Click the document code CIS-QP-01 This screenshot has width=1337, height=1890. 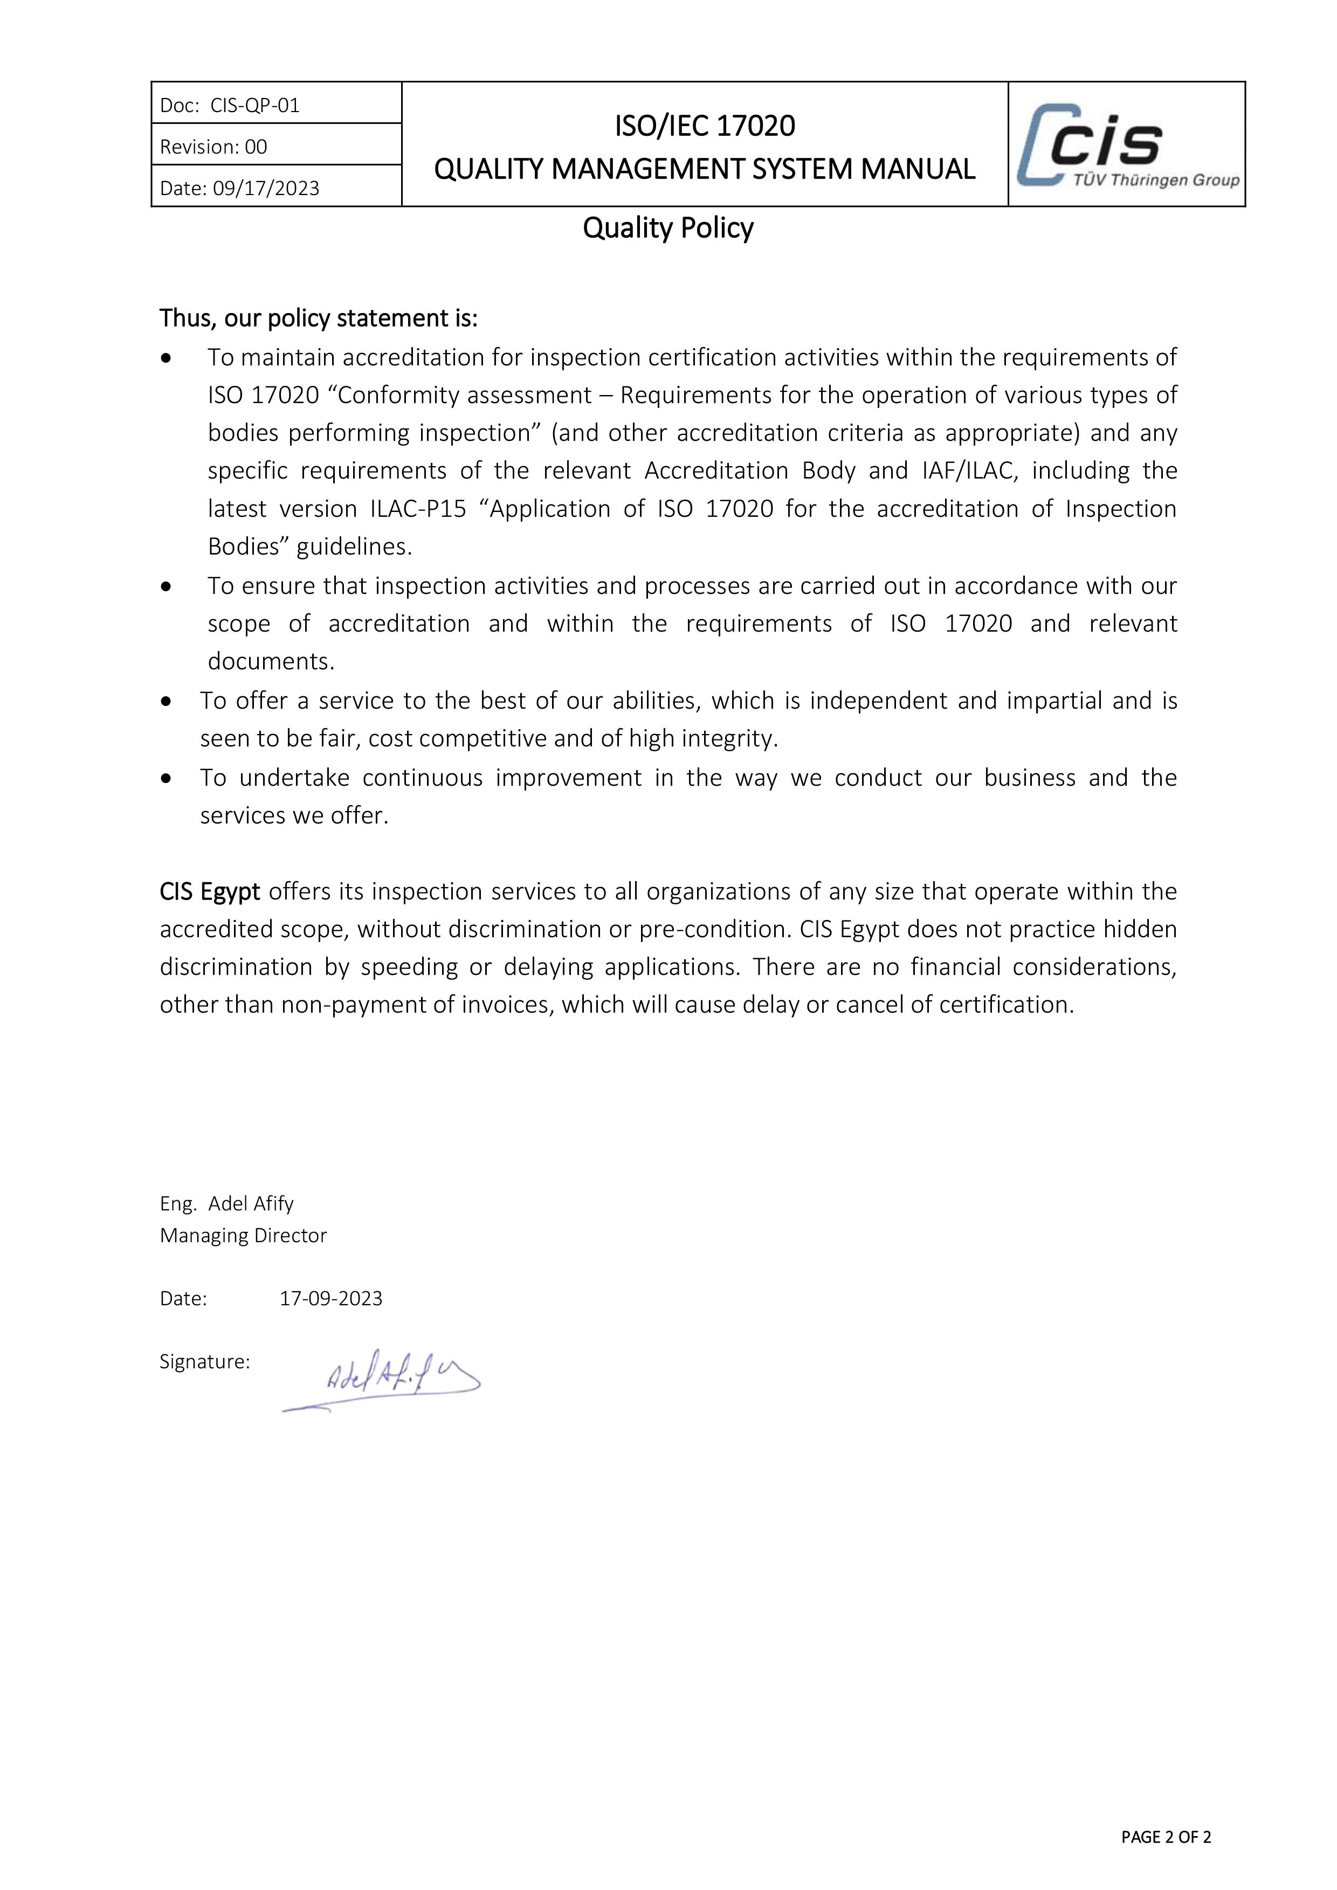(x=254, y=106)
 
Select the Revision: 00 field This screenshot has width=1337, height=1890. (x=213, y=147)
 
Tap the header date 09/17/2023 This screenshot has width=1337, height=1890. (x=265, y=189)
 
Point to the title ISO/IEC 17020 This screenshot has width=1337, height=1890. (x=705, y=126)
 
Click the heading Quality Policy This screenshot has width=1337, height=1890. (x=667, y=228)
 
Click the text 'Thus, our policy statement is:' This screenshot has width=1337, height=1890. (x=319, y=318)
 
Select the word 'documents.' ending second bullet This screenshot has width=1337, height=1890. (x=271, y=662)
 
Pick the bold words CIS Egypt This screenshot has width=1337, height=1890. (x=209, y=891)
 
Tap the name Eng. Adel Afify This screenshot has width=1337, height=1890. (x=226, y=1203)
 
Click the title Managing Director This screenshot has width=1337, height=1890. (x=243, y=1236)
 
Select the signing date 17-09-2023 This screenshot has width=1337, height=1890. (x=331, y=1299)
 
